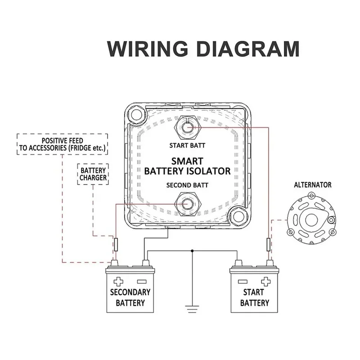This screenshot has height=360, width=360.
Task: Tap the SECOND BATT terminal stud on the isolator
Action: coord(186,204)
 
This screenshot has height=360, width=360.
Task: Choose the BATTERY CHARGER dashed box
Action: coord(93,174)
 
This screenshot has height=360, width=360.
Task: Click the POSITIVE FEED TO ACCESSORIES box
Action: coord(62,144)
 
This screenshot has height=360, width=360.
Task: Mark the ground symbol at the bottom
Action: coord(193,308)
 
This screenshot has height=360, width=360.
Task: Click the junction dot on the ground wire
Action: coord(193,250)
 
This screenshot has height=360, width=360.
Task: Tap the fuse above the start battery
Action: coord(269,245)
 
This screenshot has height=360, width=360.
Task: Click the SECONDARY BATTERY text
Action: coord(130,297)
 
